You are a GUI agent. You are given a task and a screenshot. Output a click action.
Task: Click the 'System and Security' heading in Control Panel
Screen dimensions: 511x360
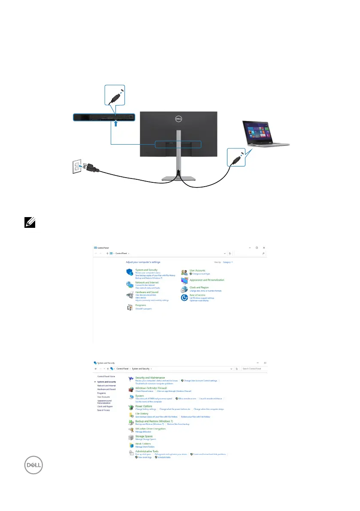coord(146,270)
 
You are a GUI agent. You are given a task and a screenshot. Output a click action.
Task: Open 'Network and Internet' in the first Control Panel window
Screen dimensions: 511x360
coord(147,283)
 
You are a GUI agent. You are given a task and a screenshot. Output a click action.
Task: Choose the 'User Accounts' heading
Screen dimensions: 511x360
coord(197,270)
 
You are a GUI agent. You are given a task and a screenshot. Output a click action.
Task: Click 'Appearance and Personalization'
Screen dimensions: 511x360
coord(207,280)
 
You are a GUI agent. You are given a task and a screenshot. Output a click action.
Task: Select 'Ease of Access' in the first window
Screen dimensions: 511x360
coord(197,295)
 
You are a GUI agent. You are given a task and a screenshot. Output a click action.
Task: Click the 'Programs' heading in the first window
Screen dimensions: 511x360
coord(141,305)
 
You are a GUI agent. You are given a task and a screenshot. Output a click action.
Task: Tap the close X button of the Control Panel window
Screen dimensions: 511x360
coord(264,248)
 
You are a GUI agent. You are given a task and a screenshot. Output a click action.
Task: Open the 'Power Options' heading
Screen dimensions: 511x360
coord(144,406)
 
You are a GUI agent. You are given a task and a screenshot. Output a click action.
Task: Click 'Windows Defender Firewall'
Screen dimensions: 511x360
coord(151,388)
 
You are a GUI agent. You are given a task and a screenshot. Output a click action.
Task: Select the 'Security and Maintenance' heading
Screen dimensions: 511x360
coord(150,378)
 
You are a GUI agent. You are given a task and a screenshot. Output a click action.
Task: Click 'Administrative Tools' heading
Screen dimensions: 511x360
coord(147,451)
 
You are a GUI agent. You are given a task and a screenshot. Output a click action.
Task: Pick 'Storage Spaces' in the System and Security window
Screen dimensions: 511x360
coord(144,436)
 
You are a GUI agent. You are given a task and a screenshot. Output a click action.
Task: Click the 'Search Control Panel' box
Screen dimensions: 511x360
coord(254,369)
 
